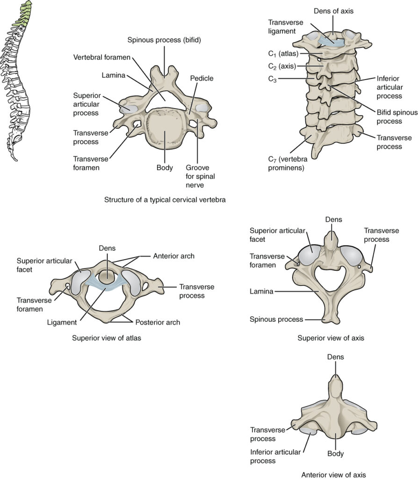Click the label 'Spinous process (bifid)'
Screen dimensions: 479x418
164,40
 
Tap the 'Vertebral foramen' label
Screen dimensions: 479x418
101,58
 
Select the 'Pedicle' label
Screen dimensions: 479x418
202,79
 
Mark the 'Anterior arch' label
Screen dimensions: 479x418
174,256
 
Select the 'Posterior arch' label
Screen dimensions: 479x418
158,322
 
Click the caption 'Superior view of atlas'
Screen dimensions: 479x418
106,338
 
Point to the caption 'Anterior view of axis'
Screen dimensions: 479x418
334,473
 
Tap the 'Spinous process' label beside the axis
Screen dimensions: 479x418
275,319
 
